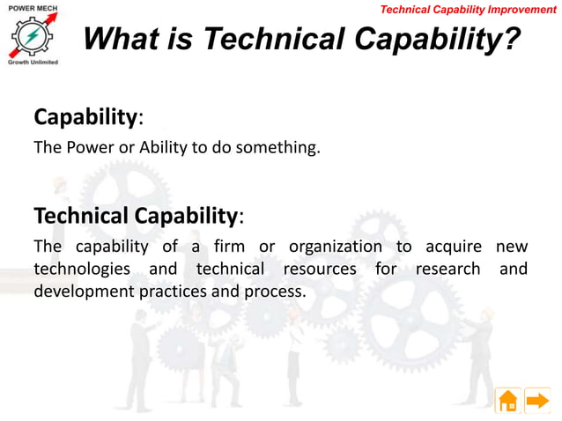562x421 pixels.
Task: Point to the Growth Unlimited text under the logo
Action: [33, 63]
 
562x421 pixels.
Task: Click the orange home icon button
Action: [508, 401]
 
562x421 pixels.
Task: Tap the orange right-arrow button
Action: [537, 401]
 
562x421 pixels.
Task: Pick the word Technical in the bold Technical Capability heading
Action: [82, 216]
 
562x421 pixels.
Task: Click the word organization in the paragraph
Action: [336, 247]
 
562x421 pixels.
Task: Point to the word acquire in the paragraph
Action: [450, 247]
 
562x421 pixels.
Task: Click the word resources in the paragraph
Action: [321, 269]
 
